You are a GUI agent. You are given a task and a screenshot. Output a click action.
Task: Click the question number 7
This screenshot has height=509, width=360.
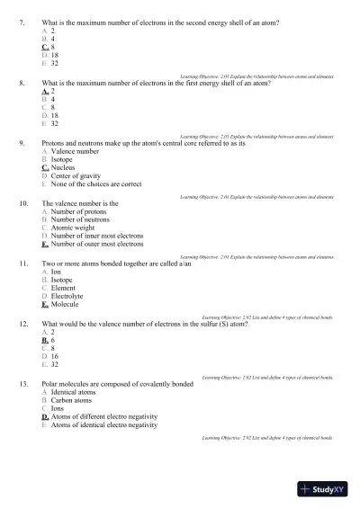coord(22,22)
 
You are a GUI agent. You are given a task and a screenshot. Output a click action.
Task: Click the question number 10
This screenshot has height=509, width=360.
coord(23,204)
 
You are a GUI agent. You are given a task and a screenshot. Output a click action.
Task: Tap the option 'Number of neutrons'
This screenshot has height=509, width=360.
coord(82,219)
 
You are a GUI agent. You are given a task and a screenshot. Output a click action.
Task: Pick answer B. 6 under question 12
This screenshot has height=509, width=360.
coord(49,341)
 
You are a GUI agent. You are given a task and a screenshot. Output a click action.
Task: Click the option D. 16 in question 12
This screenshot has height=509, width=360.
coord(50,357)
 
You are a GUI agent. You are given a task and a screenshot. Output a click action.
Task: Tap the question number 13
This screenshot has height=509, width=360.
coord(23,384)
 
